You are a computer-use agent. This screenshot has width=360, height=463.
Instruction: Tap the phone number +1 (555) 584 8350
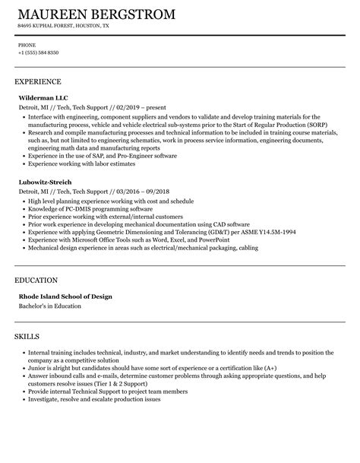pyautogui.click(x=38, y=52)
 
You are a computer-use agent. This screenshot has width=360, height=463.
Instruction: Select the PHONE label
pyautogui.click(x=27, y=44)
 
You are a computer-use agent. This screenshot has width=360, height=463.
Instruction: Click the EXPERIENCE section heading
pyautogui.click(x=38, y=81)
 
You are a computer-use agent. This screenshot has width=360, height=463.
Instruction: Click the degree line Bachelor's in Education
pyautogui.click(x=49, y=285)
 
